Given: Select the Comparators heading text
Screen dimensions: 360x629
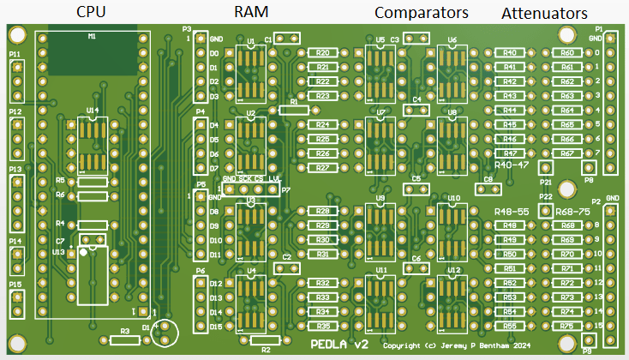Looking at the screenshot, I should click(x=422, y=13).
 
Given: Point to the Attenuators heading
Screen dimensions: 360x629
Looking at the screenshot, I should click(x=544, y=14).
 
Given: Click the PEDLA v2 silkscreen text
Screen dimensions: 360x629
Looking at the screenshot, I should click(x=339, y=345).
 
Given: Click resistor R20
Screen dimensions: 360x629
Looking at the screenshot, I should click(x=322, y=53).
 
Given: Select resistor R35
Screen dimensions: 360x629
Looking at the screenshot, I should click(x=322, y=327).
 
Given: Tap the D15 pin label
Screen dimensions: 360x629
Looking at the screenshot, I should click(x=216, y=327).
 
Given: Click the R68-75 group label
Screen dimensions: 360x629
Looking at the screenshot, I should click(x=573, y=211).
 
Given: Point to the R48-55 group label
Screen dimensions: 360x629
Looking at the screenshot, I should click(x=511, y=211).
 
